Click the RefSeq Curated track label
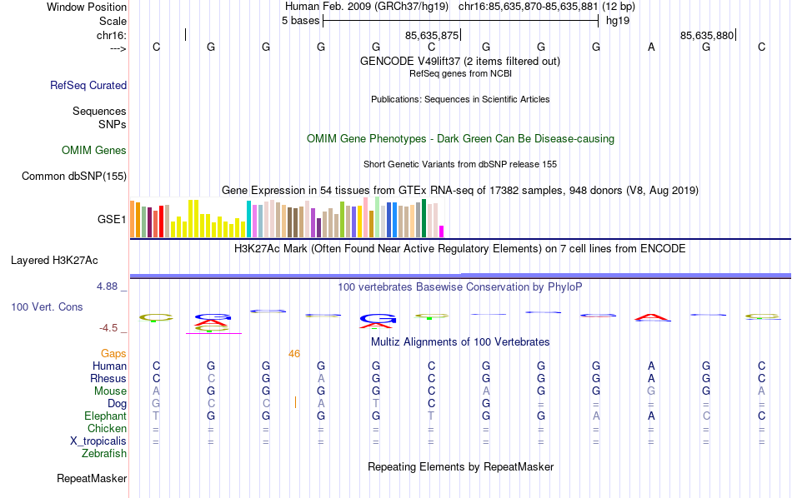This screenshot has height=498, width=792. (x=88, y=85)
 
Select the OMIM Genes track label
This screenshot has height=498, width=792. (x=94, y=151)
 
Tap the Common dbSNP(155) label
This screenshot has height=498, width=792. (x=74, y=176)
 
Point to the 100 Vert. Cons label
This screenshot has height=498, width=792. (x=47, y=307)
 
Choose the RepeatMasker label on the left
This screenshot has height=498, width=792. (x=92, y=479)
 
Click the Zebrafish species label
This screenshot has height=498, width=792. (x=104, y=454)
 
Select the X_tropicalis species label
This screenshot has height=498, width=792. (x=98, y=441)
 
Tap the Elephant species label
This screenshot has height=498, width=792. (x=105, y=416)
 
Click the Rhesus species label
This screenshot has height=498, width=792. (x=108, y=379)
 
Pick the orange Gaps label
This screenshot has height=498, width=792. (x=113, y=354)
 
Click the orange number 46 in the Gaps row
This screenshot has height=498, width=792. (x=294, y=354)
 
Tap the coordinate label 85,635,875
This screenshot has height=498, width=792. (x=432, y=35)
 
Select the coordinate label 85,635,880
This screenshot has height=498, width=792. (x=707, y=35)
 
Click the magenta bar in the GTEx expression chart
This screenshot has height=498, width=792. (x=442, y=231)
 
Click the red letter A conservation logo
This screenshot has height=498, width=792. (x=651, y=316)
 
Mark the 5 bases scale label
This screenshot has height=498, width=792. (x=300, y=20)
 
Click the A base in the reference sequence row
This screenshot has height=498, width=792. (x=652, y=47)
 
